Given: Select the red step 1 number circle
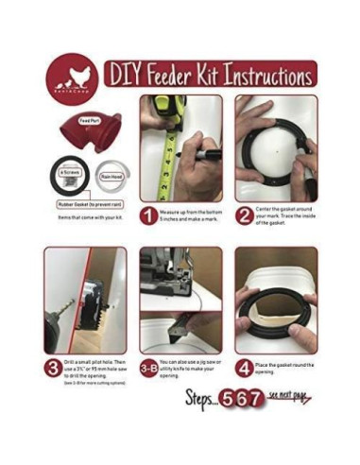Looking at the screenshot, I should [148, 216].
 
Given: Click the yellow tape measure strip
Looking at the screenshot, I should [174, 151].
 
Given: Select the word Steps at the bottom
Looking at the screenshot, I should [204, 398].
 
